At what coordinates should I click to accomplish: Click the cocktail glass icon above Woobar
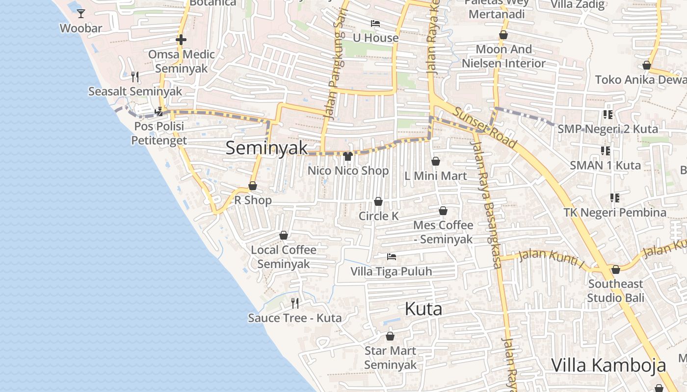(x=81, y=13)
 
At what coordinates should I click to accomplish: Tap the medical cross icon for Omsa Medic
(x=181, y=40)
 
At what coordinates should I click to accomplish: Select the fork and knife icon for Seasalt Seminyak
(x=135, y=76)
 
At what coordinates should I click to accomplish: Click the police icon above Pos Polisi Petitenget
(x=159, y=112)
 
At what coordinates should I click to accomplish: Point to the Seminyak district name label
(x=266, y=148)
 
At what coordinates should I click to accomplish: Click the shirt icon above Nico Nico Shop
(x=348, y=156)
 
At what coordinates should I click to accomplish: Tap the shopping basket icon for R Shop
(x=253, y=186)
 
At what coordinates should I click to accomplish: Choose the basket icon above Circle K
(x=378, y=201)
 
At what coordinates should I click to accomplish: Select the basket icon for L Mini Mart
(x=436, y=161)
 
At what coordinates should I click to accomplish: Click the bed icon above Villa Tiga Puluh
(x=391, y=256)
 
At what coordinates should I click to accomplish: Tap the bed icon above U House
(x=375, y=24)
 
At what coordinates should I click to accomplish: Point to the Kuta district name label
(x=423, y=309)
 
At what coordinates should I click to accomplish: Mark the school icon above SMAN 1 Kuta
(x=605, y=151)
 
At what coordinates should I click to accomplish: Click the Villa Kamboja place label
(x=608, y=366)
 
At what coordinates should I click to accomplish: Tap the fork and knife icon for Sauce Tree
(x=295, y=303)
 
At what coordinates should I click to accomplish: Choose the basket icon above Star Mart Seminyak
(x=390, y=336)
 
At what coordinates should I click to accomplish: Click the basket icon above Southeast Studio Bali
(x=616, y=269)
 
